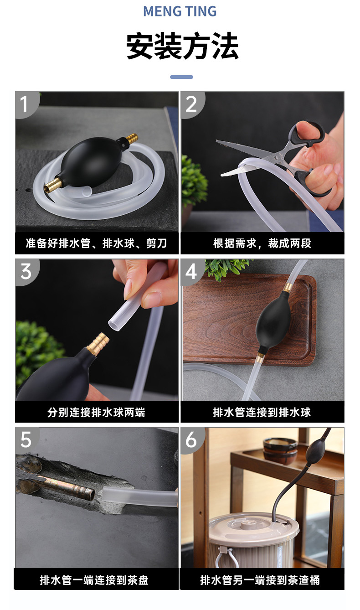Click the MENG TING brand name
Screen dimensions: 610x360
point(180,11)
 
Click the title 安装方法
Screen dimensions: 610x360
point(182,47)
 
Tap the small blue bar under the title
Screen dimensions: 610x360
point(181,77)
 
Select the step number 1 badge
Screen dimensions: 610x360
point(25,104)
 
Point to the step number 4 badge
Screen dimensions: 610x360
point(191,271)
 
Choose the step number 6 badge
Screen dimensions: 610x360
point(191,439)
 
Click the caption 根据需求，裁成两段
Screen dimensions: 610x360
point(262,243)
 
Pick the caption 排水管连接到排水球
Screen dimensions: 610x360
point(262,412)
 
